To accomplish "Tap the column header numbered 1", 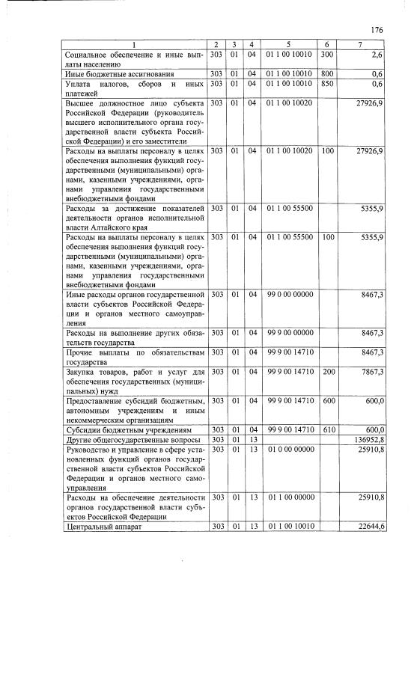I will click(133, 45).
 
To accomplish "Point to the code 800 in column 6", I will click(326, 74).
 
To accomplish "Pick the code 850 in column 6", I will click(326, 84).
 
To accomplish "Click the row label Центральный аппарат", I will click(101, 527).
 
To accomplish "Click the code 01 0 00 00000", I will click(287, 450).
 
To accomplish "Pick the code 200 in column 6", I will click(326, 372).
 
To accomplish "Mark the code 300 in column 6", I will click(326, 55).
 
